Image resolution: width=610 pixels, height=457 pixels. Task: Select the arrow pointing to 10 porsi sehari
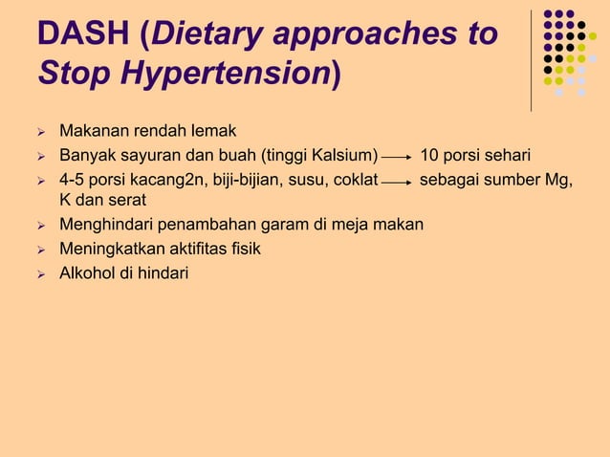(397, 156)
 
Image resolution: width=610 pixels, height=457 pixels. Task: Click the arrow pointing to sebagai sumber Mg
(397, 180)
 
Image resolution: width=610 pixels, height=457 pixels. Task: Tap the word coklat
(353, 179)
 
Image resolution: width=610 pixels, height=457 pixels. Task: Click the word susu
(302, 179)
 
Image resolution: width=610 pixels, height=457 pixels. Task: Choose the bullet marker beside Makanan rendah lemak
(41, 131)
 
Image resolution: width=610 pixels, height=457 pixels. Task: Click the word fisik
(242, 250)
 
